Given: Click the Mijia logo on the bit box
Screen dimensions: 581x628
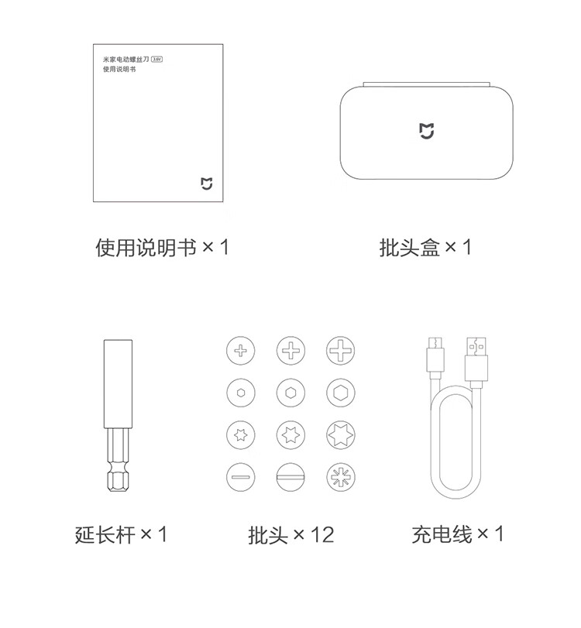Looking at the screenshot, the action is click(x=426, y=131).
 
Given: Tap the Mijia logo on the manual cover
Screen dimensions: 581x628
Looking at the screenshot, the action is click(x=206, y=184).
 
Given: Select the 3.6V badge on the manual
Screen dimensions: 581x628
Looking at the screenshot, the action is click(x=157, y=60).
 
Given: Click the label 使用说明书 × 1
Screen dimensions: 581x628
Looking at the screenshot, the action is click(x=162, y=247).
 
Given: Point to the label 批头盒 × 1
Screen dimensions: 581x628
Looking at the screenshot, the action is click(x=425, y=247).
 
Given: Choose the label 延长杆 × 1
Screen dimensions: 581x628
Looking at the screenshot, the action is click(x=121, y=534).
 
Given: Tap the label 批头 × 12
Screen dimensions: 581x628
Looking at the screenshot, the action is click(x=291, y=534).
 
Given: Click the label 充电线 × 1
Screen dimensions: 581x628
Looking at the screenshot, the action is click(x=458, y=534).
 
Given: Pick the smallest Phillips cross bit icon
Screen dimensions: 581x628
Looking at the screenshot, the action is click(x=241, y=351).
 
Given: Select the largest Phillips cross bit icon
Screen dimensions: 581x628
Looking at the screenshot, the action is click(x=341, y=351).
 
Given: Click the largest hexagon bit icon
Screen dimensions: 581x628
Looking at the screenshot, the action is click(x=341, y=393).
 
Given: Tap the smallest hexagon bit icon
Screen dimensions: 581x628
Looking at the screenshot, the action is click(x=241, y=393).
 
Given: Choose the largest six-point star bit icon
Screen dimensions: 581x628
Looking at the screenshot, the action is click(x=341, y=435).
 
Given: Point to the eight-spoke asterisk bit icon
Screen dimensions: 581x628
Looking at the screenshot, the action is click(x=341, y=477).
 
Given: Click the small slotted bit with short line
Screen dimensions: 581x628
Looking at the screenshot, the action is click(x=241, y=477).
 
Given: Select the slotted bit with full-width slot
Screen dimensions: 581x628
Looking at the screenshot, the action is click(x=291, y=477).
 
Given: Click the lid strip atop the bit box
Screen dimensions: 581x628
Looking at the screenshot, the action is click(x=426, y=84).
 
